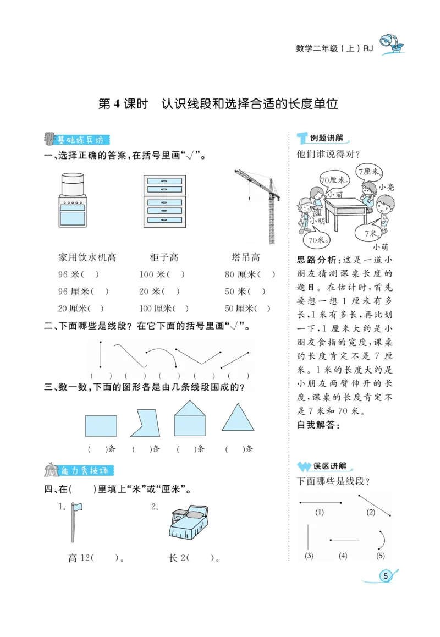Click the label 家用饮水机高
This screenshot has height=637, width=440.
tap(87, 257)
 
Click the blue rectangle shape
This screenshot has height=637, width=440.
tap(101, 426)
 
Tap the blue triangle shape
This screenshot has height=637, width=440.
tap(238, 418)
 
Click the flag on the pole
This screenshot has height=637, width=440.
tap(76, 506)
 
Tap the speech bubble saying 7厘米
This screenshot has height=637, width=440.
tap(369, 172)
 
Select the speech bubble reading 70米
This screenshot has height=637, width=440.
tap(315, 240)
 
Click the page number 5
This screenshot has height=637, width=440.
tap(386, 575)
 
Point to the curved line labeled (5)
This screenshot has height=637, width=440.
tap(381, 540)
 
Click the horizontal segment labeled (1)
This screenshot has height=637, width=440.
tap(320, 502)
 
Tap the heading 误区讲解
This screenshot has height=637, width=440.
tap(329, 466)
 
